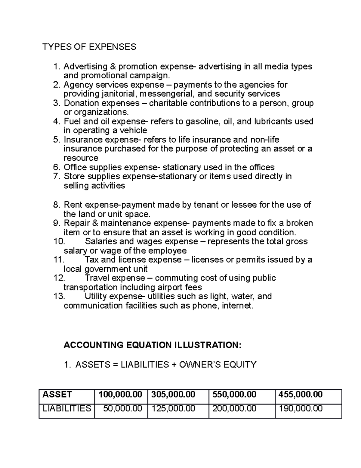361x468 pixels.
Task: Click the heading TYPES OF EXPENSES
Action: pyautogui.click(x=89, y=47)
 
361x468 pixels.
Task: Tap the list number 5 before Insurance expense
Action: pyautogui.click(x=57, y=140)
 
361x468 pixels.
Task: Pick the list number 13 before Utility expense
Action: pyautogui.click(x=59, y=296)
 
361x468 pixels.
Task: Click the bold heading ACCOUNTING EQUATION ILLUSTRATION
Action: pyautogui.click(x=153, y=345)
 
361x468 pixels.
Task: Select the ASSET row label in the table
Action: pyautogui.click(x=57, y=394)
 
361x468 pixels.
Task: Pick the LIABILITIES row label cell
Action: pyautogui.click(x=67, y=409)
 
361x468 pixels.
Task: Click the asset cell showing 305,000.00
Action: pyautogui.click(x=173, y=394)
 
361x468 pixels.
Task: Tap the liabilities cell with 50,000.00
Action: pyautogui.click(x=123, y=409)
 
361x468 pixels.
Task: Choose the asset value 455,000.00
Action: pyautogui.click(x=301, y=394)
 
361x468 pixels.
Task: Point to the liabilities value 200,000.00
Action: pyautogui.click(x=234, y=409)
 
